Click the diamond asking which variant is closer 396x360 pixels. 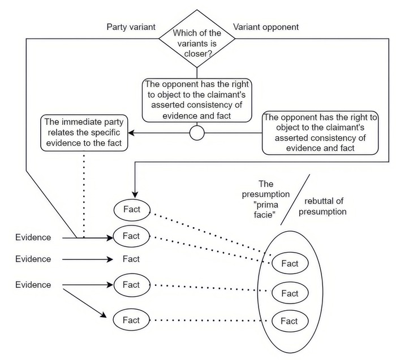click(196, 37)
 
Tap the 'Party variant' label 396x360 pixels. click(131, 27)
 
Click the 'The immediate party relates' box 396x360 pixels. click(84, 133)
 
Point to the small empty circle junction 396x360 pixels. click(196, 133)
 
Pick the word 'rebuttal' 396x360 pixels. click(325, 201)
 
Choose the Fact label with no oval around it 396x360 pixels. click(131, 259)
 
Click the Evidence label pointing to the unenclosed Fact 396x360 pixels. click(33, 259)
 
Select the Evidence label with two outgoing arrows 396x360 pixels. click(33, 284)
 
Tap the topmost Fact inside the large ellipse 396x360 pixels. click(289, 263)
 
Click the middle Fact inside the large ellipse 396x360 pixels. click(289, 293)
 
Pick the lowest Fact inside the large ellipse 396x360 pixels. click(289, 321)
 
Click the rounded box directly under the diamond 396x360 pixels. click(196, 99)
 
